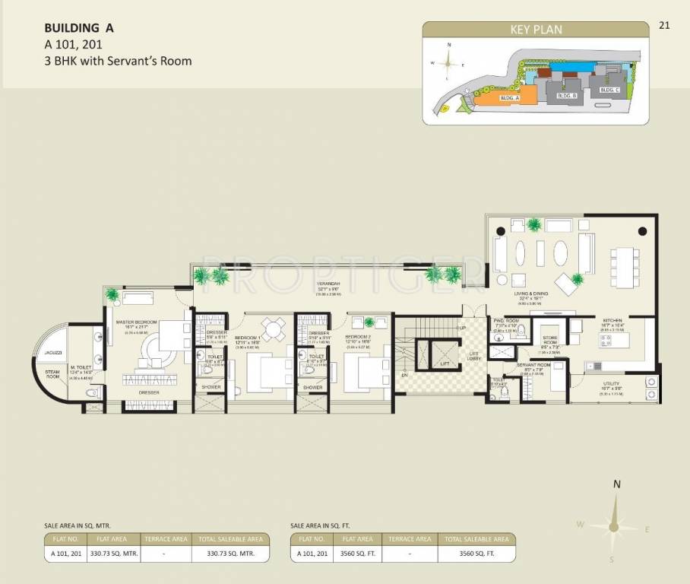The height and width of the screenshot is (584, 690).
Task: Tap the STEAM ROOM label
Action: point(52,373)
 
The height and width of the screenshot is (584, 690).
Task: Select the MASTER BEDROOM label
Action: point(136,322)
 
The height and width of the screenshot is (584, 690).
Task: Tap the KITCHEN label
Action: point(612,321)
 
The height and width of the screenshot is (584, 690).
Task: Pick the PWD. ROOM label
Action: point(505,321)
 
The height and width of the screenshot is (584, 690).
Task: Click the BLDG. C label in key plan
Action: point(609,90)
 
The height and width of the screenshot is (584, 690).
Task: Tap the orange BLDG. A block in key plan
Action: point(507,98)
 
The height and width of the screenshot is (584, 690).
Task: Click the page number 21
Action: point(664,25)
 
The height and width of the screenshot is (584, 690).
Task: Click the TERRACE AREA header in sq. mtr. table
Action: point(166,539)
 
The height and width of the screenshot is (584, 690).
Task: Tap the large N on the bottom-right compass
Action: point(617,484)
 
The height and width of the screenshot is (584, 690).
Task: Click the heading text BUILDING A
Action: point(79,28)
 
